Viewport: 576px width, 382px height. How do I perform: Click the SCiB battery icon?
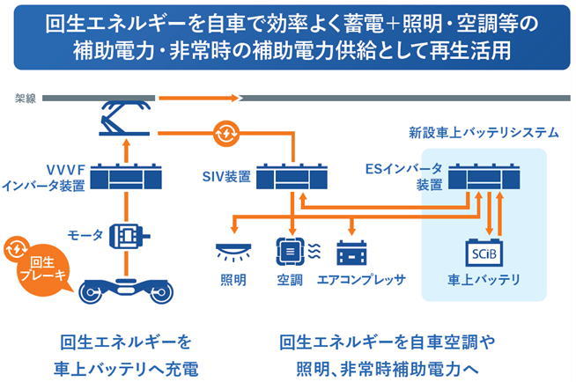point(484,253)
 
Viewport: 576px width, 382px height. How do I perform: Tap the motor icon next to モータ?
point(129,236)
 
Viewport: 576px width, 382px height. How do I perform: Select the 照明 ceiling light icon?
point(233,253)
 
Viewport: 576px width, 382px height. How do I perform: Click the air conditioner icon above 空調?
point(291,252)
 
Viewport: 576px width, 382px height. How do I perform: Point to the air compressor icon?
point(351,253)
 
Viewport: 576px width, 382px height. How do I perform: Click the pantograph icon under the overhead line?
point(125,118)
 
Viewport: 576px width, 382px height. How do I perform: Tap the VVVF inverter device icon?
point(126,177)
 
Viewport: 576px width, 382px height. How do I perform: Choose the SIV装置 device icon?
point(292,177)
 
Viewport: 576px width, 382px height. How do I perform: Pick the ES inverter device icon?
point(484,177)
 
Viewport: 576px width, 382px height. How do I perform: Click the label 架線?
point(25,99)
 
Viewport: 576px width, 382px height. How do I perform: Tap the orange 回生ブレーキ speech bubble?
point(41,268)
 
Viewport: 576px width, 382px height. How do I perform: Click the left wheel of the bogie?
point(91,293)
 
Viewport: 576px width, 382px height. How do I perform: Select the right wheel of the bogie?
point(162,293)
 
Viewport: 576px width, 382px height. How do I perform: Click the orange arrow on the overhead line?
point(199,98)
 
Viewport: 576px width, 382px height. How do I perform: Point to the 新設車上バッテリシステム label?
point(484,133)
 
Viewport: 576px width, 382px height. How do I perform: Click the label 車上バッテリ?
point(484,280)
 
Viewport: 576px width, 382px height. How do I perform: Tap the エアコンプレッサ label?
point(361,280)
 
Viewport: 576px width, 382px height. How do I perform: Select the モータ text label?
point(85,235)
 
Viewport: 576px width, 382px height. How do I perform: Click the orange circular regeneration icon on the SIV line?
point(226,134)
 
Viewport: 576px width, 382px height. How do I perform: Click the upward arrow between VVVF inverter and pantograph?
point(126,151)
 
